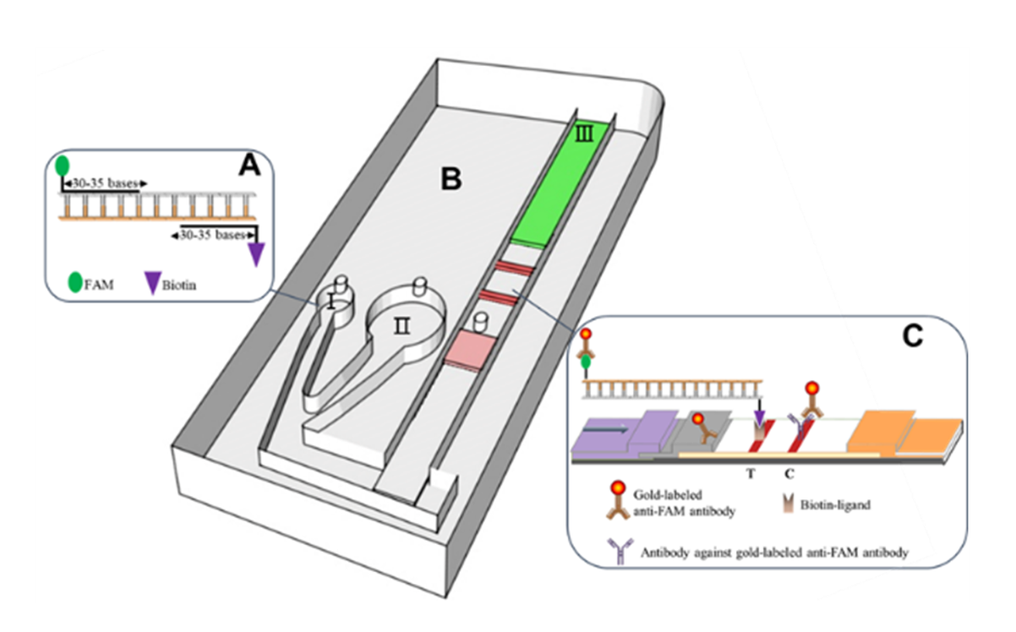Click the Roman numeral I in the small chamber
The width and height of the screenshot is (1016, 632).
[332, 302]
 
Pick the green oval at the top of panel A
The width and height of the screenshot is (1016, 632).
[63, 166]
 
